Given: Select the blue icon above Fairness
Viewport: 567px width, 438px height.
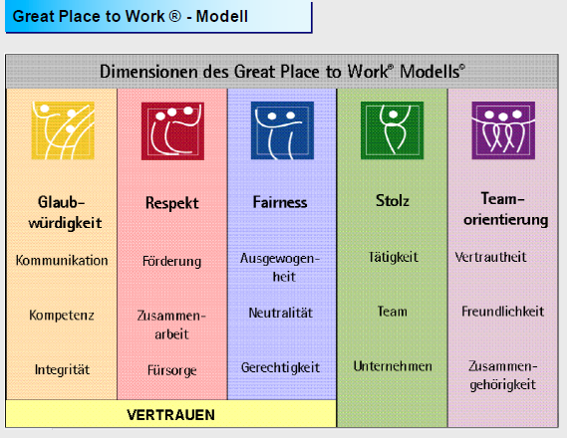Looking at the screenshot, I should pos(282,129).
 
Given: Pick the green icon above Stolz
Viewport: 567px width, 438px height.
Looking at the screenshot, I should pos(392,129).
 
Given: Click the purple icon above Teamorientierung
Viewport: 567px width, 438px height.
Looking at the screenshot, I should pos(502,129).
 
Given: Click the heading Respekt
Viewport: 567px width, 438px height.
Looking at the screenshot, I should pos(171,203).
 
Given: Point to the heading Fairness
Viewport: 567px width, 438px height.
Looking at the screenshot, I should pos(280,202).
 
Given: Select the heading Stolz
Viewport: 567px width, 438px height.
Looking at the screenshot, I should pos(392,202).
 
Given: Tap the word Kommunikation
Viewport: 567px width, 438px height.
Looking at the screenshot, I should pos(62,261).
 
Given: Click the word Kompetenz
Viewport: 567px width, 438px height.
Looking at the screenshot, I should pos(62,316).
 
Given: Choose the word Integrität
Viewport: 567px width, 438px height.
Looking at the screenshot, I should pos(62,369).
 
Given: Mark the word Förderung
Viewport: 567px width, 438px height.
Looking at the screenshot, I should pos(171,262).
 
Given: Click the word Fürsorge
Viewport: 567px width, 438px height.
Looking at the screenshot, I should pos(171,371).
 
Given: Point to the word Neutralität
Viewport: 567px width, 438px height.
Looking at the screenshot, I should pos(280,313).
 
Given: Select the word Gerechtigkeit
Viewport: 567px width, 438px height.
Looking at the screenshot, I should pos(281,367).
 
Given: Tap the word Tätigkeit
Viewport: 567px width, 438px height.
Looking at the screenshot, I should pos(392,257).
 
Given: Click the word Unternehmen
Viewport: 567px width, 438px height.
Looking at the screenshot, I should pos(392,366).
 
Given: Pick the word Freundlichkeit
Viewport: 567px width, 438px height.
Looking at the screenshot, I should pos(502,312).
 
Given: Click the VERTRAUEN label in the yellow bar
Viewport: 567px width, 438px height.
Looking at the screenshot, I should pos(170,413).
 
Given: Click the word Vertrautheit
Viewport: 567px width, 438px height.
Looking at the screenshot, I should pos(490,257).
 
